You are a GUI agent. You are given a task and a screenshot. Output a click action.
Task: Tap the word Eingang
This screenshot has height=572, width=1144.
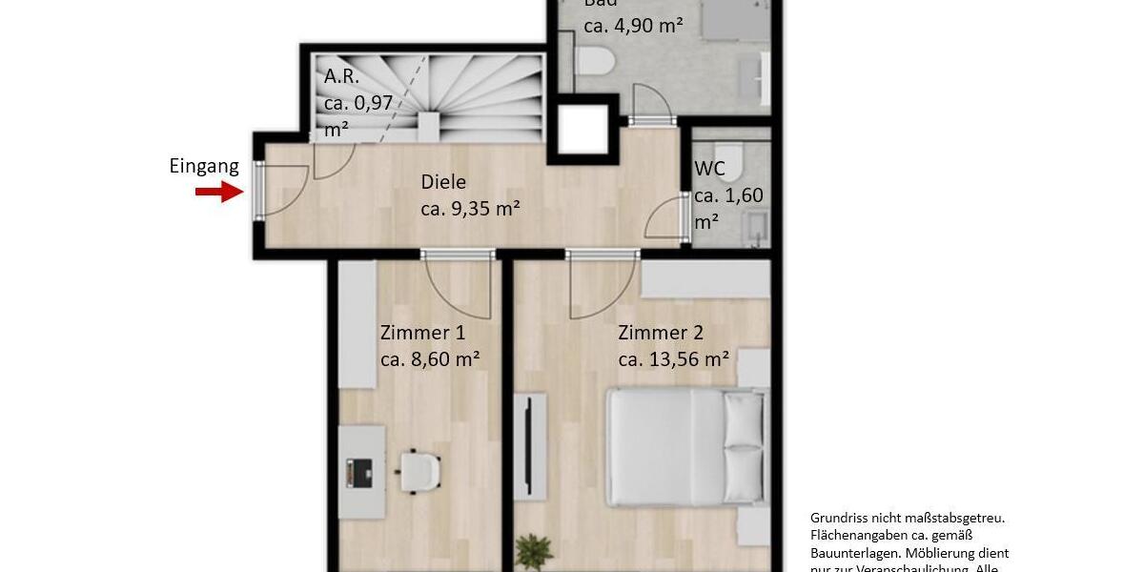[x=204, y=167]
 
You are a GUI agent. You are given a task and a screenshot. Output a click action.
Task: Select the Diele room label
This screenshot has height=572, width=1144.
[x=444, y=182]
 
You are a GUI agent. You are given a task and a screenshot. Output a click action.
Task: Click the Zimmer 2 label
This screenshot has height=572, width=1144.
[x=661, y=333]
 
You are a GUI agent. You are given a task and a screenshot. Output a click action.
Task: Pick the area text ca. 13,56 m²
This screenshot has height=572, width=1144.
[x=674, y=359]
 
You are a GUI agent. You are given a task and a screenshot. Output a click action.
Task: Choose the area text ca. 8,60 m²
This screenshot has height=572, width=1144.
[x=429, y=359]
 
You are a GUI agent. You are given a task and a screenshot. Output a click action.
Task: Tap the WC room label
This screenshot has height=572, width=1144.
[x=709, y=170]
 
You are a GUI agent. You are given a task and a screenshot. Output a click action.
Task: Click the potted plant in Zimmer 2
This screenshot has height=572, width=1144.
[x=534, y=552]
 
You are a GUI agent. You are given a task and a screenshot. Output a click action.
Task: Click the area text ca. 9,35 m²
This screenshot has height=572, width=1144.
[x=470, y=209]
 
